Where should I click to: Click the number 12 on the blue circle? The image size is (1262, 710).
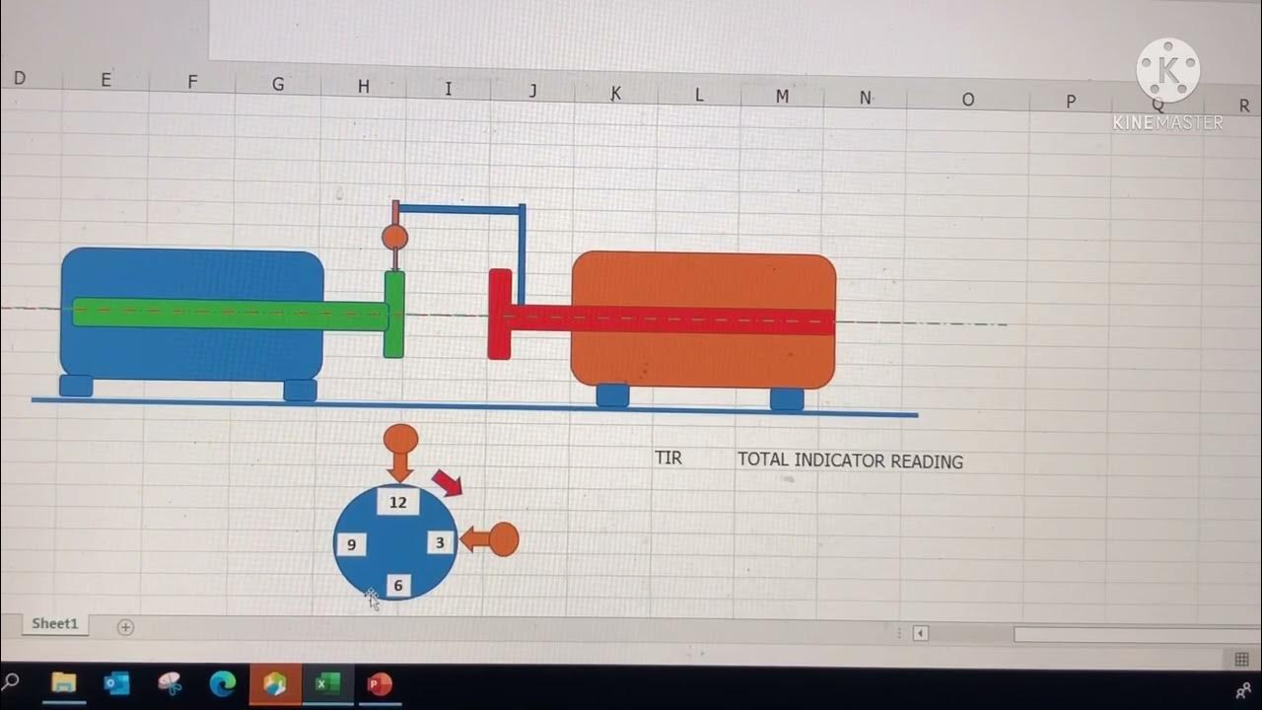pos(397,502)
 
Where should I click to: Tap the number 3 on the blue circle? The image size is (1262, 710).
pos(440,542)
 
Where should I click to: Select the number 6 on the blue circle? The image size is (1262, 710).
pos(398,586)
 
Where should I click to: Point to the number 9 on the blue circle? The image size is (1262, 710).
pos(351,544)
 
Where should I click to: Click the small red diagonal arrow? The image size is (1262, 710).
pos(447,482)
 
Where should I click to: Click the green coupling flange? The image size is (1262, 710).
pos(394,314)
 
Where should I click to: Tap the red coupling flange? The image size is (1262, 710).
pos(500,314)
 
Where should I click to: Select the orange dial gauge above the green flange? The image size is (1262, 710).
pos(394,237)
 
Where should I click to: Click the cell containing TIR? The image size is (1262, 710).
pos(668,458)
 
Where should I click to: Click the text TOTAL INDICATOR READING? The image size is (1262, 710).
pos(850,461)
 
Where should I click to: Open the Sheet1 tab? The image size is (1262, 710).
pos(54,624)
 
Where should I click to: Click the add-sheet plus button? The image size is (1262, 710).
pos(125,627)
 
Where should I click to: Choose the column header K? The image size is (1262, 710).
pos(616,93)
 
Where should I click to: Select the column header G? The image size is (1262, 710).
pos(278,85)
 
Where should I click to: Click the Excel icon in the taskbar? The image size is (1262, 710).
pos(326,683)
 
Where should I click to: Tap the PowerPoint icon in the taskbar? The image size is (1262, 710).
pos(379,683)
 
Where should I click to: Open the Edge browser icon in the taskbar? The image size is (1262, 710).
pos(223,683)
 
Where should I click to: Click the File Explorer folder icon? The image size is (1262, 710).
pos(63,682)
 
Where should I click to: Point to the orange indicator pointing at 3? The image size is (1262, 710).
pos(492,539)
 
